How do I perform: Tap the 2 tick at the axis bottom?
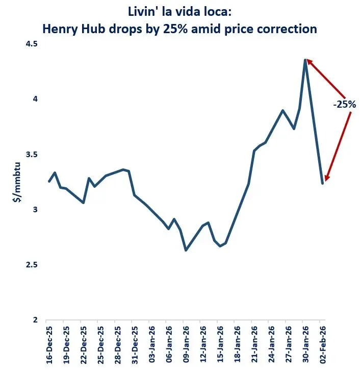36,320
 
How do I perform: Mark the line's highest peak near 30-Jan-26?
305,60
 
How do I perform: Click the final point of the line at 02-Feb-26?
322,183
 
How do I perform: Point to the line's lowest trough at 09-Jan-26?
186,250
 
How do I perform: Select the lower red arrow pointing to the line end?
338,146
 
